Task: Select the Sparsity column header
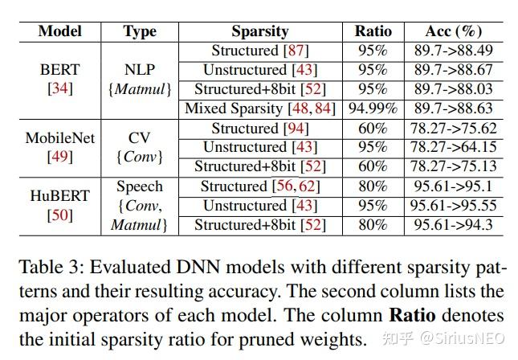[x=259, y=31]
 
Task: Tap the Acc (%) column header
[x=454, y=31]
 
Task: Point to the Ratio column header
[x=373, y=31]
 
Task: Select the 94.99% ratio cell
[x=373, y=108]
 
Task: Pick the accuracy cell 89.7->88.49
[x=454, y=51]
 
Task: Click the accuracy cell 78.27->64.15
[x=454, y=147]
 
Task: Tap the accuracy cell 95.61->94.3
[x=454, y=225]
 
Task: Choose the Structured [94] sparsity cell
[x=259, y=128]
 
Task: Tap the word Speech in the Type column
[x=139, y=186]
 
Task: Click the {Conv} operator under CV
[x=139, y=157]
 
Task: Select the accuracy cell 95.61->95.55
[x=454, y=206]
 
